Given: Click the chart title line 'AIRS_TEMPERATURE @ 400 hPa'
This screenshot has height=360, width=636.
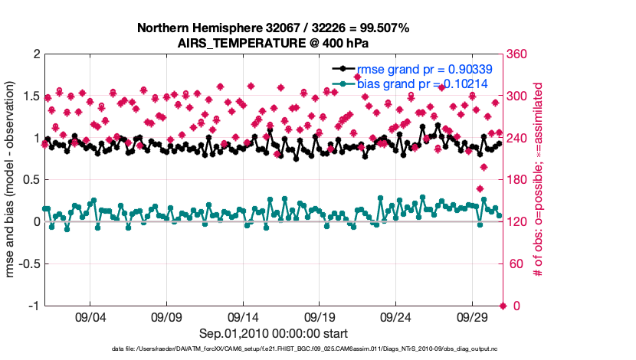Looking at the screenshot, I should coord(274,43).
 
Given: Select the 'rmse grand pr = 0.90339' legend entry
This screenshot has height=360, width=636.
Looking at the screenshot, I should coord(424,69).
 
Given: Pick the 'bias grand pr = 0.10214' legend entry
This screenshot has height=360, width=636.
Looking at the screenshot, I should coord(423,83).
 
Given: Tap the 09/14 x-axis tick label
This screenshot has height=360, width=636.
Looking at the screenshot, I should coord(243,316).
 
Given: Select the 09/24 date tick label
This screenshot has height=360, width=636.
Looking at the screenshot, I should coord(396,316).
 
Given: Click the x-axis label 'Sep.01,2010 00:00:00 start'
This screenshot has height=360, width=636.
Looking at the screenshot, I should coord(274,333).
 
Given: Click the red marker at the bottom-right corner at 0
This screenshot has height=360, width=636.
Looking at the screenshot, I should coord(503,306).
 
